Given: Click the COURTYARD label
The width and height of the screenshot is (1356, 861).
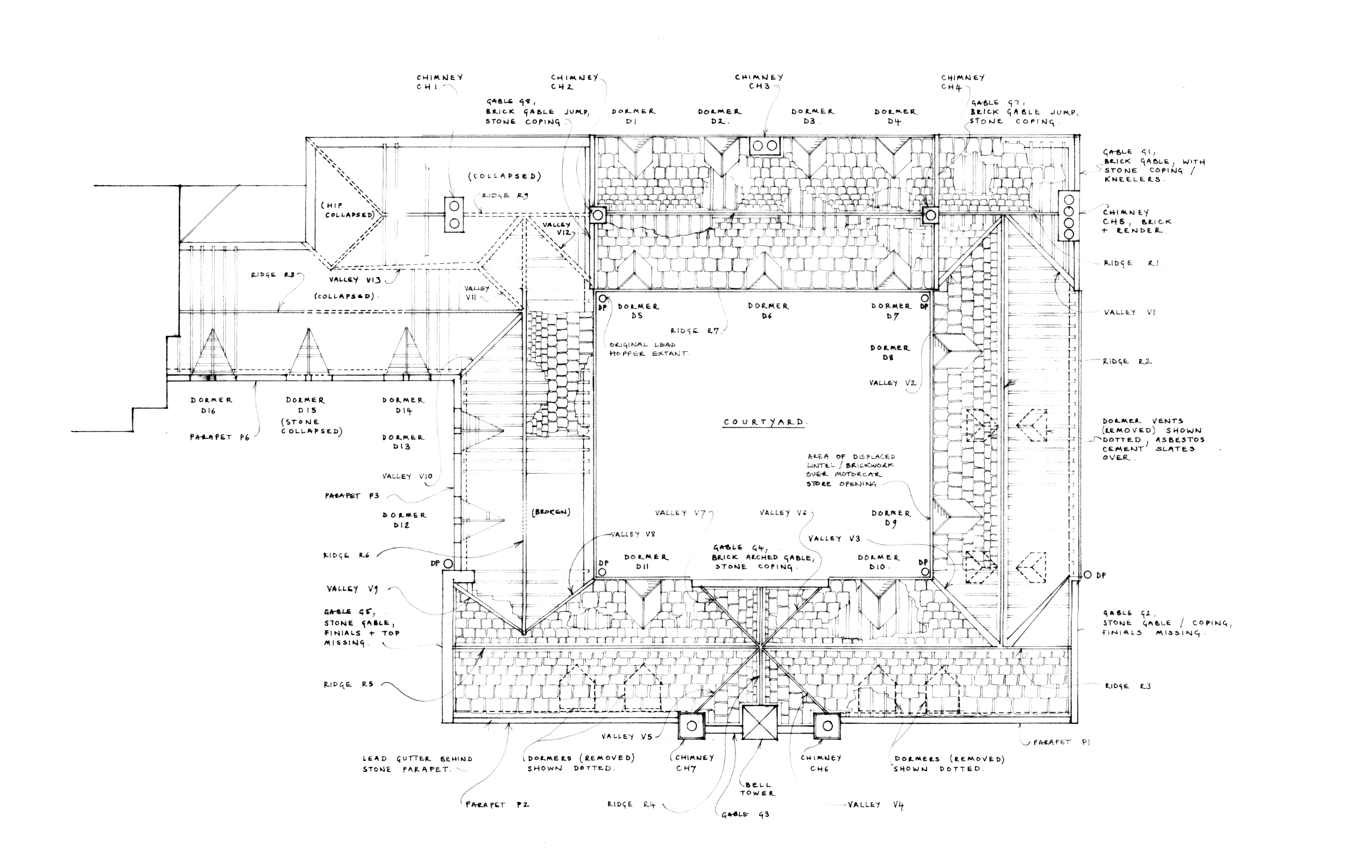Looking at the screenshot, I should pyautogui.click(x=764, y=422).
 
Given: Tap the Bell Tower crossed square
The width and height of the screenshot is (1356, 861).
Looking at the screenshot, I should pyautogui.click(x=759, y=723).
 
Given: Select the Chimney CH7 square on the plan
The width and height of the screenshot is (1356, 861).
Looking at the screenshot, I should pyautogui.click(x=691, y=726).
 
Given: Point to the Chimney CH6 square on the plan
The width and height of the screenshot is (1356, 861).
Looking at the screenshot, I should pyautogui.click(x=827, y=726).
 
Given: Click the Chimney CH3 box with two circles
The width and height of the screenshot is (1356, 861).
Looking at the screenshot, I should pyautogui.click(x=765, y=146).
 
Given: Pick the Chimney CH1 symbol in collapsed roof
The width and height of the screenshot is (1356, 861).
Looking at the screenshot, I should pyautogui.click(x=454, y=215).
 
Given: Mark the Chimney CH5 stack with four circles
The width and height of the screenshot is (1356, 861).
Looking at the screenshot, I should pyautogui.click(x=1068, y=217).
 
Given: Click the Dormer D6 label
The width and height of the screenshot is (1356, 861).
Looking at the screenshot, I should pyautogui.click(x=768, y=311).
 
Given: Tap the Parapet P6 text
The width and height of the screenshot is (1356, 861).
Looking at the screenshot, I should pyautogui.click(x=219, y=437).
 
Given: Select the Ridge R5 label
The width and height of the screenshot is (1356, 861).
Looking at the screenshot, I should pyautogui.click(x=348, y=684).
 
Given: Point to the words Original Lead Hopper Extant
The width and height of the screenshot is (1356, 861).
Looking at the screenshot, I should pyautogui.click(x=648, y=349).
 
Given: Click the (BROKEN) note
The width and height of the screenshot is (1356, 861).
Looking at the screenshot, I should pyautogui.click(x=550, y=512).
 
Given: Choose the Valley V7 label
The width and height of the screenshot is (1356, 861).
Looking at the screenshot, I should pyautogui.click(x=680, y=513).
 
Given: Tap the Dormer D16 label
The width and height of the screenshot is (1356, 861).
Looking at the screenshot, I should pyautogui.click(x=210, y=405).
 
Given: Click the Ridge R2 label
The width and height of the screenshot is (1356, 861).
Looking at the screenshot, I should pyautogui.click(x=1127, y=362).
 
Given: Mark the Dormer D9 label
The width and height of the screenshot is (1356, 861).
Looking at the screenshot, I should pyautogui.click(x=891, y=518).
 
